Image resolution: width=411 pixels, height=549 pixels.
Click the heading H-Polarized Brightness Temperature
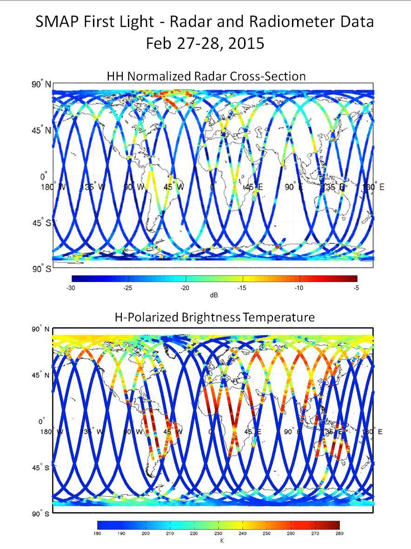(214, 317)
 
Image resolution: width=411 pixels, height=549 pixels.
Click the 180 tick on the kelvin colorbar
(98, 533)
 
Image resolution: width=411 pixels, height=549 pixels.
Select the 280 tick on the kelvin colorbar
(339, 533)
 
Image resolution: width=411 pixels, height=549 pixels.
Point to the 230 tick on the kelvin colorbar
(219, 533)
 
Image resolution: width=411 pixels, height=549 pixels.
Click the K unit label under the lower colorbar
(222, 541)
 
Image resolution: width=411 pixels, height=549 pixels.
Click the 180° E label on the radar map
(373, 187)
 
